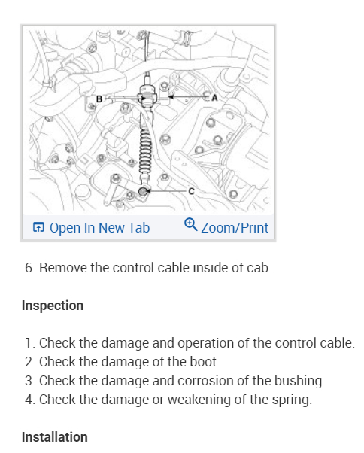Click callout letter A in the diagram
214,98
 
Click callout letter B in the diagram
99,99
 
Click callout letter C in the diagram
191,191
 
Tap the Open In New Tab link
99,228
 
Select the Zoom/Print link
235,228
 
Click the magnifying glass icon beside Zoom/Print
191,224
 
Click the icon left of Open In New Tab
38,227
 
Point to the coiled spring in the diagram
145,152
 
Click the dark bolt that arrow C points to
143,191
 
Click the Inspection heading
53,306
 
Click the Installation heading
55,436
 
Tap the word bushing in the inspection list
299,381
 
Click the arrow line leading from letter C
166,191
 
